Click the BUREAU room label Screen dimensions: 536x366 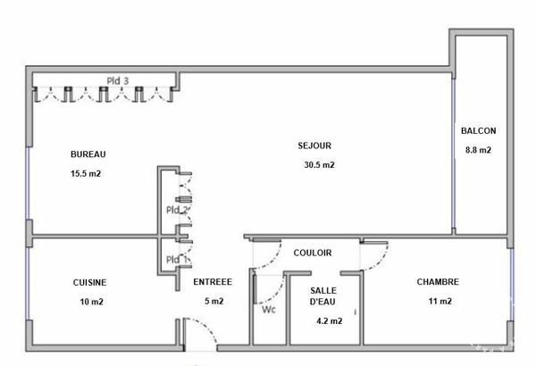tap(88, 154)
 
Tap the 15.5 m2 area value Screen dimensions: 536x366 tap(86, 173)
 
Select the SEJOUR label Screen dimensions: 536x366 tap(314, 146)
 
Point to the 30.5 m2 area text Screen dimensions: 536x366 tap(319, 165)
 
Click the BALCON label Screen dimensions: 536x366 tap(479, 130)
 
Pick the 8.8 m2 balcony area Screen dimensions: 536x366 tap(478, 150)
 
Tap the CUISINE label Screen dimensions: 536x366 tap(89, 283)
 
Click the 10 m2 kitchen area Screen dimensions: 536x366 tap(92, 302)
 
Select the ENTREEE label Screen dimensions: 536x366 tap(213, 282)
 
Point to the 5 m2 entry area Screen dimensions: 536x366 tap(214, 301)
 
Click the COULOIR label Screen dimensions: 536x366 tap(313, 253)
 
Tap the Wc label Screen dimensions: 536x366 tap(269, 310)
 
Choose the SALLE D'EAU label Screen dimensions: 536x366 tap(323, 296)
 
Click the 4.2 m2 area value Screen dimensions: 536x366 tap(330, 320)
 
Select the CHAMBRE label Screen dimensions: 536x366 tap(438, 282)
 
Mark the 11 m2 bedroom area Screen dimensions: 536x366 tap(440, 301)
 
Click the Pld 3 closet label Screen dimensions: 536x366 tap(118, 81)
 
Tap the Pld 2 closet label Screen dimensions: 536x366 tap(177, 210)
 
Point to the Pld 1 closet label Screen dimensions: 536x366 tap(177, 260)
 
